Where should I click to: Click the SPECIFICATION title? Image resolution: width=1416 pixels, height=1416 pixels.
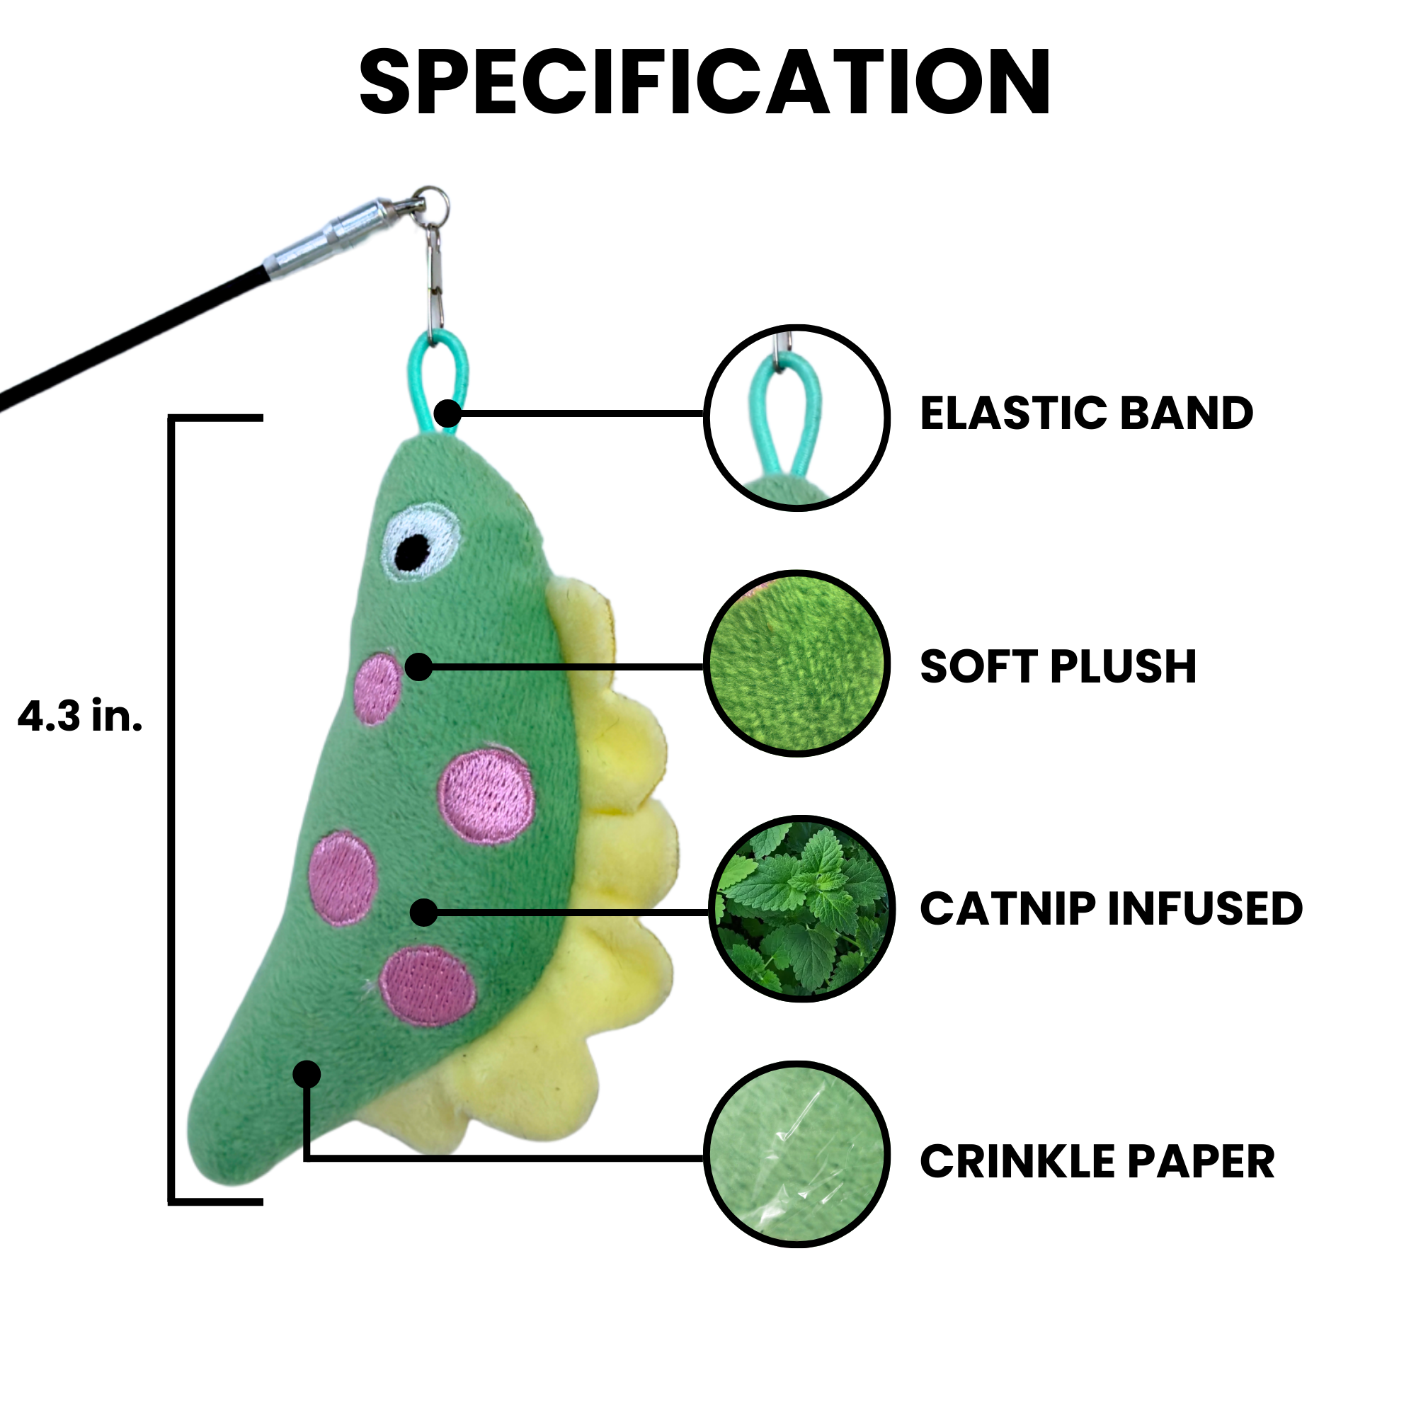pos(705,82)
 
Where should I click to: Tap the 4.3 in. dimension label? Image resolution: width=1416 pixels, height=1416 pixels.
pos(80,716)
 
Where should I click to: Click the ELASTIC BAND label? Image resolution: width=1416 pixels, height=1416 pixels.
pos(1086,413)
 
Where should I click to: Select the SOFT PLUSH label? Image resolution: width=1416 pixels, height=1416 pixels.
pos(1058,666)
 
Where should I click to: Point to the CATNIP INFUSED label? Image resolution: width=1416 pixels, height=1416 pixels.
pos(1110,909)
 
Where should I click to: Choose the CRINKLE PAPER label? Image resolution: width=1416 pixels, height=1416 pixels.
pos(1097,1162)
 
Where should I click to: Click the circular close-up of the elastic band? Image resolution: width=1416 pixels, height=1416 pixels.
pos(796,418)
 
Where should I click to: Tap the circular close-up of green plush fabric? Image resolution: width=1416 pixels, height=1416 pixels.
pos(796,663)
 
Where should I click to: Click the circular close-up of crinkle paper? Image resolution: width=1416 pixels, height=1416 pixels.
pos(796,1154)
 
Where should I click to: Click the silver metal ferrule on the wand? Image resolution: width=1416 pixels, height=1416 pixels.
pos(330,237)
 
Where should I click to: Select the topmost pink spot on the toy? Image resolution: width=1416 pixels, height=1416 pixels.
pos(378,688)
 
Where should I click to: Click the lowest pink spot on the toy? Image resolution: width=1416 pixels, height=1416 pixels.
pos(429,986)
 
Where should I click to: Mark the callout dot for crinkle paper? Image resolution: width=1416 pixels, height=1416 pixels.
pos(307,1075)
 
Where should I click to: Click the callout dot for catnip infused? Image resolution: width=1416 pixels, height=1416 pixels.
pos(423,913)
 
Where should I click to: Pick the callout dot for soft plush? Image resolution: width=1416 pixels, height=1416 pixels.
pos(418,667)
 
